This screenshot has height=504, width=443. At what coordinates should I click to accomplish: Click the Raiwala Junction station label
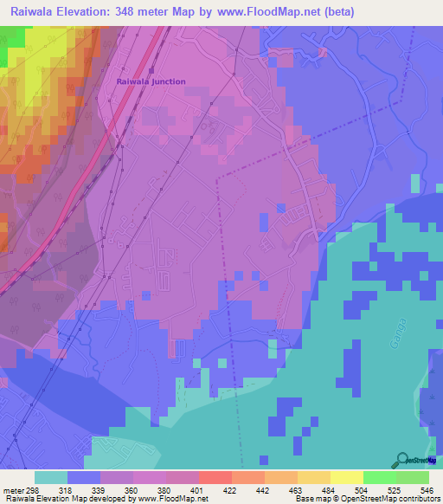pyautogui.click(x=151, y=81)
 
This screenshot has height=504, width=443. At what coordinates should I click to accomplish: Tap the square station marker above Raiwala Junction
pyautogui.click(x=151, y=70)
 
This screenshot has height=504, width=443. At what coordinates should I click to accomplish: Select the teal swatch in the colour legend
pyautogui.click(x=51, y=477)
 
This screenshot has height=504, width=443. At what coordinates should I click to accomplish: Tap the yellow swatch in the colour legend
pyautogui.click(x=346, y=477)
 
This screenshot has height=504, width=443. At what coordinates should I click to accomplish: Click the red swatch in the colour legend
pyautogui.click(x=215, y=477)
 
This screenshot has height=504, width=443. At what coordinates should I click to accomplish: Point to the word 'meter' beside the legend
pyautogui.click(x=10, y=489)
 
